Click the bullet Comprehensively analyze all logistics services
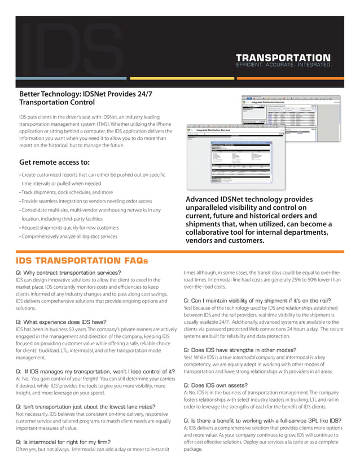click(x=68, y=236)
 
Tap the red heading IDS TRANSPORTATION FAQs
click(x=81, y=261)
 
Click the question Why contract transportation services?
click(x=68, y=273)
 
